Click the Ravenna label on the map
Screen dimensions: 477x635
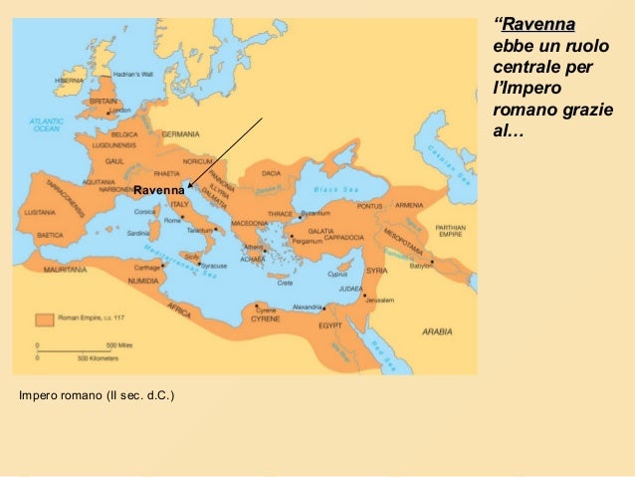158,189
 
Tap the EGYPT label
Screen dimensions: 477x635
329,326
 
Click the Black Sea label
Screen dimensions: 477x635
333,190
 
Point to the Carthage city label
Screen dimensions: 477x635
147,267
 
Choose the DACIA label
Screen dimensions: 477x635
271,172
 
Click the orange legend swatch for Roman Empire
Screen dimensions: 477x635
44,320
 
